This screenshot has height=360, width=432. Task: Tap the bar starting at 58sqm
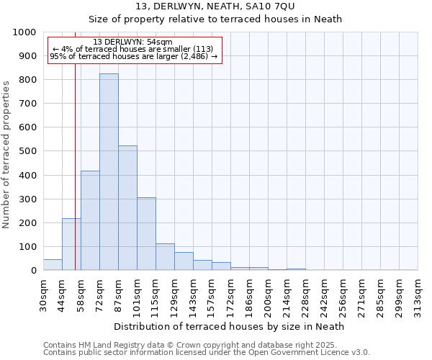pyautogui.click(x=90, y=220)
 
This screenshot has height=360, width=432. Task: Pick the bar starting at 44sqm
pyautogui.click(x=71, y=244)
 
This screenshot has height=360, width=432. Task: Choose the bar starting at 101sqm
pyautogui.click(x=146, y=233)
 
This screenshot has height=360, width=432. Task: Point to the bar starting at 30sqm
pyautogui.click(x=53, y=264)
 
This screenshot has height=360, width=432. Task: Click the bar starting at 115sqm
pyautogui.click(x=165, y=256)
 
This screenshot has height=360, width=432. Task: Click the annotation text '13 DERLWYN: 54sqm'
pyautogui.click(x=133, y=42)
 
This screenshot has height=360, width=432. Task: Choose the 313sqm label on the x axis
pyautogui.click(x=418, y=294)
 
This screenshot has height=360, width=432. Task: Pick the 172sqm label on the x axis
pyautogui.click(x=230, y=294)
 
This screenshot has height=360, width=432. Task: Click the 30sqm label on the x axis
pyautogui.click(x=43, y=294)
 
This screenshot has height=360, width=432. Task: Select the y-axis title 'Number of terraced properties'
pyautogui.click(x=7, y=154)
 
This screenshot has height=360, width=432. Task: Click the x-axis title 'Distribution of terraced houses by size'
pyautogui.click(x=230, y=326)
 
